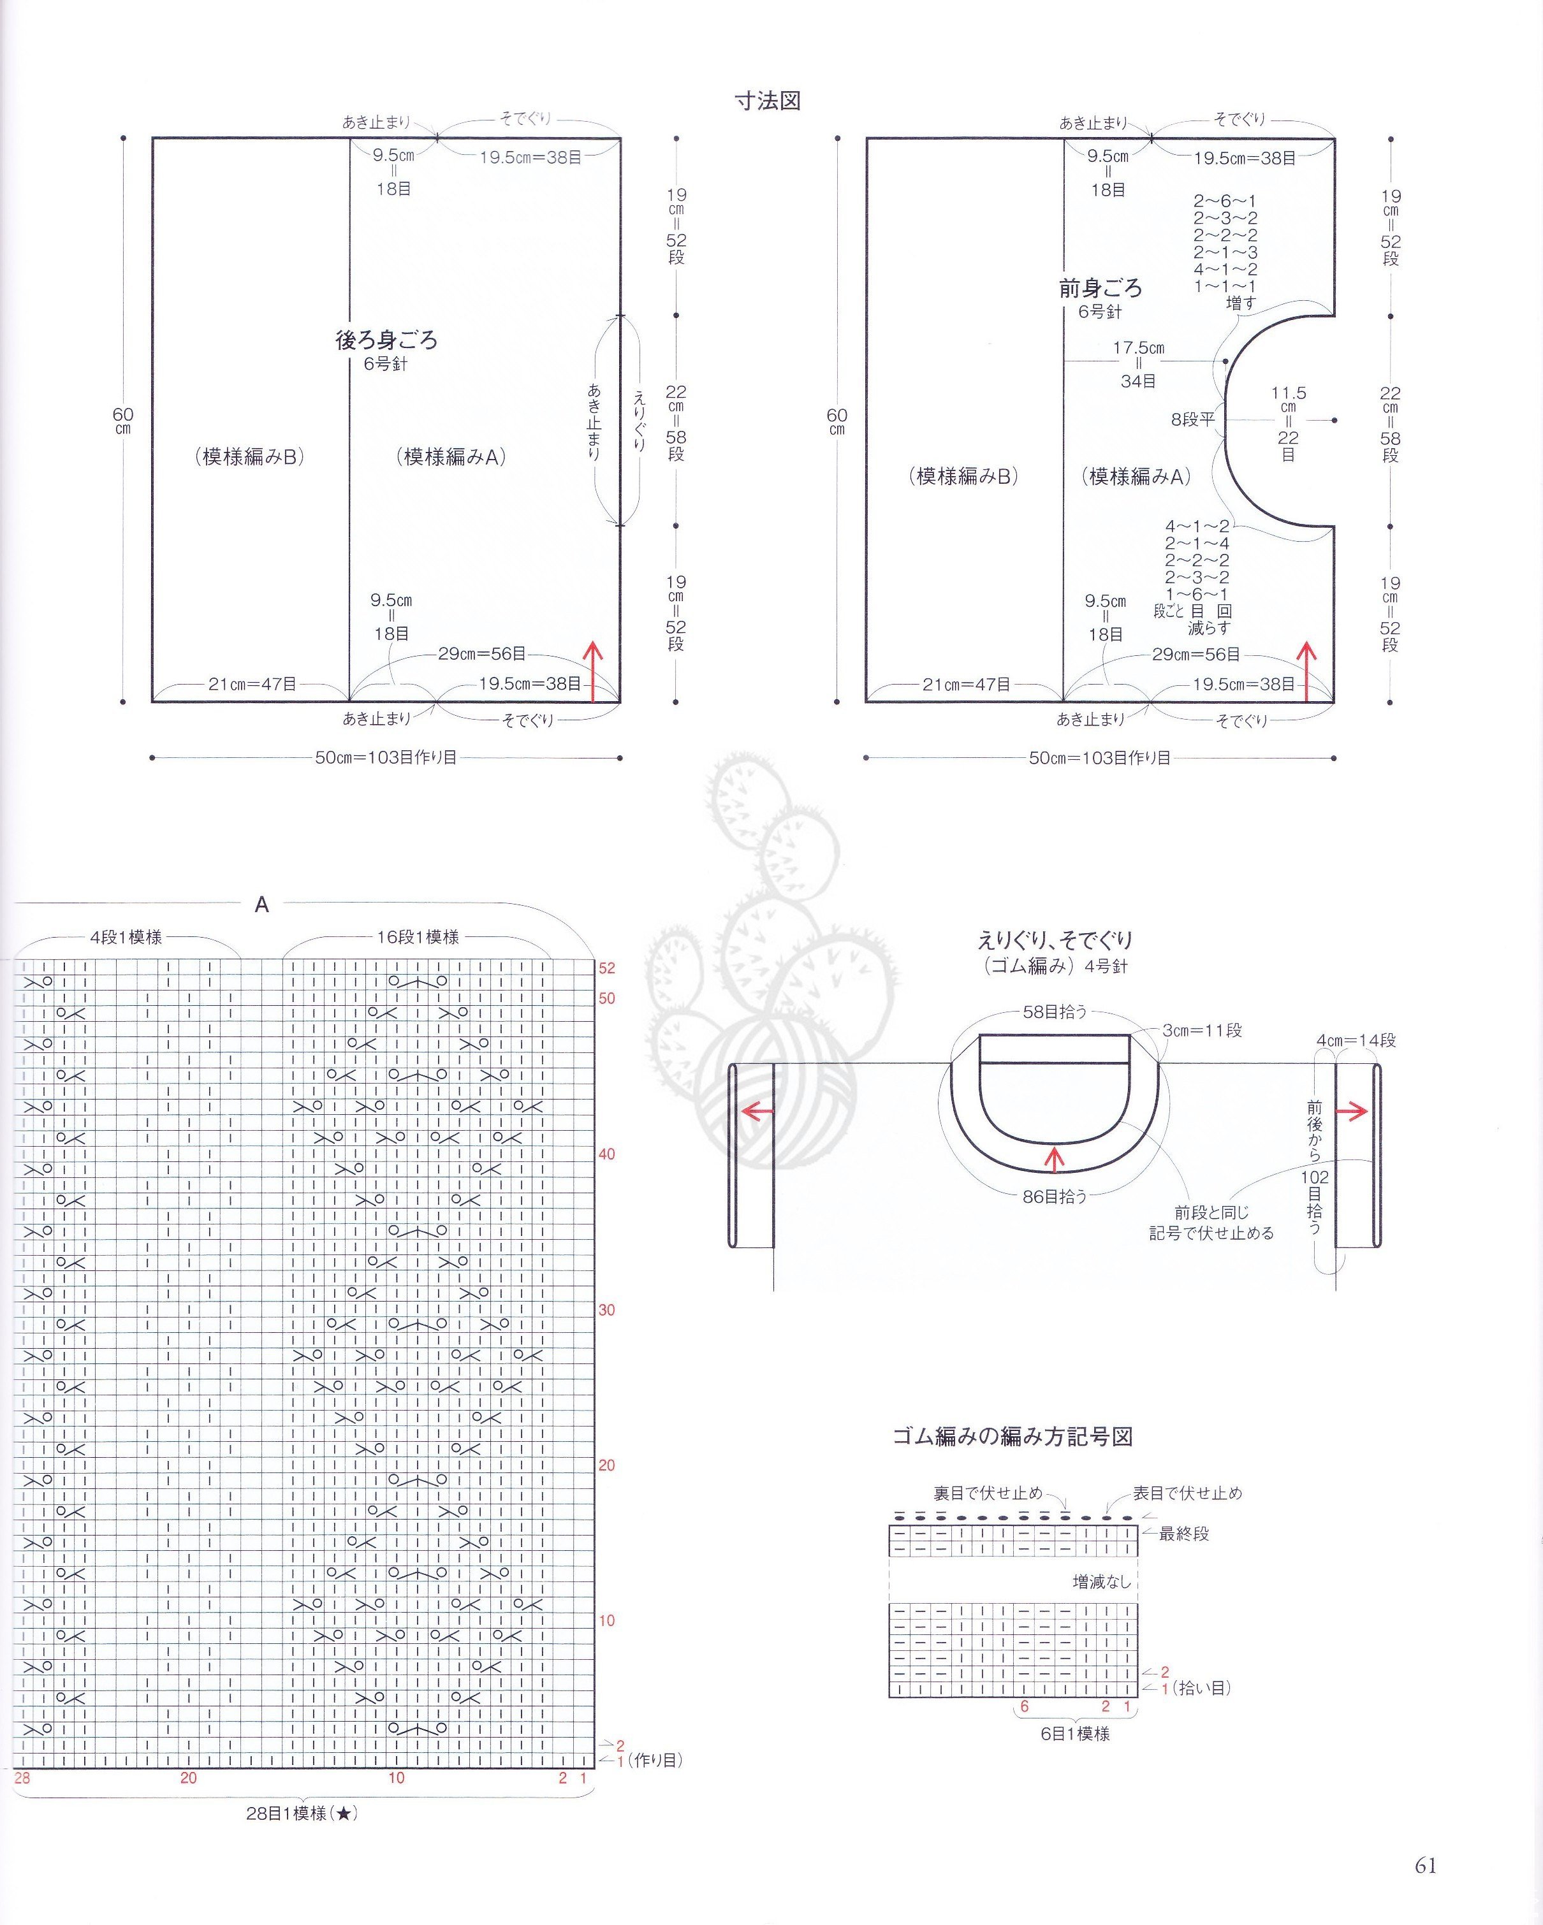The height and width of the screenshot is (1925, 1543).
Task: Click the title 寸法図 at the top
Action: [767, 101]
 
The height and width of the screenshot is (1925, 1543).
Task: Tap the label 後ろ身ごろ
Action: [386, 340]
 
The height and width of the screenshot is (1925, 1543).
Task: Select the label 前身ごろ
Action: [1100, 288]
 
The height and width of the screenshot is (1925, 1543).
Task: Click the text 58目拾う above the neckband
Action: [1055, 1012]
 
